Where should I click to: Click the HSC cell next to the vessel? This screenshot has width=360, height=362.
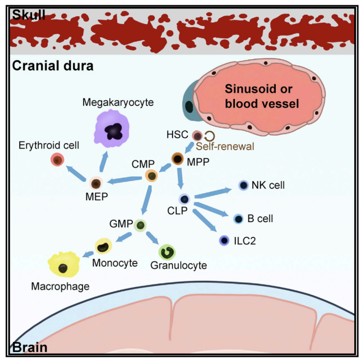(x=197, y=135)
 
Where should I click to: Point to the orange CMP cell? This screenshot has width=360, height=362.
(x=152, y=177)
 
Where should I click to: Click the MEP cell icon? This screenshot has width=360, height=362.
(x=96, y=183)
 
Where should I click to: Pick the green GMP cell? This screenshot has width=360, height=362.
(x=140, y=226)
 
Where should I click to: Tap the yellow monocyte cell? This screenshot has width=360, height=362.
(x=104, y=246)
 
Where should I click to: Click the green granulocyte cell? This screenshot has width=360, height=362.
(x=168, y=252)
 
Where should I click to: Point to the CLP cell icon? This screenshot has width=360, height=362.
(x=184, y=199)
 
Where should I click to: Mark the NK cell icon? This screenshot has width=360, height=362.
(x=243, y=185)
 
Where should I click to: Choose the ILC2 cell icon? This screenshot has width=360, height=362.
(x=224, y=240)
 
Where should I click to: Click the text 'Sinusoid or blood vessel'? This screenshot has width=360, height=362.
(x=262, y=96)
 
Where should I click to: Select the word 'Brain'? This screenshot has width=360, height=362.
(x=30, y=347)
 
